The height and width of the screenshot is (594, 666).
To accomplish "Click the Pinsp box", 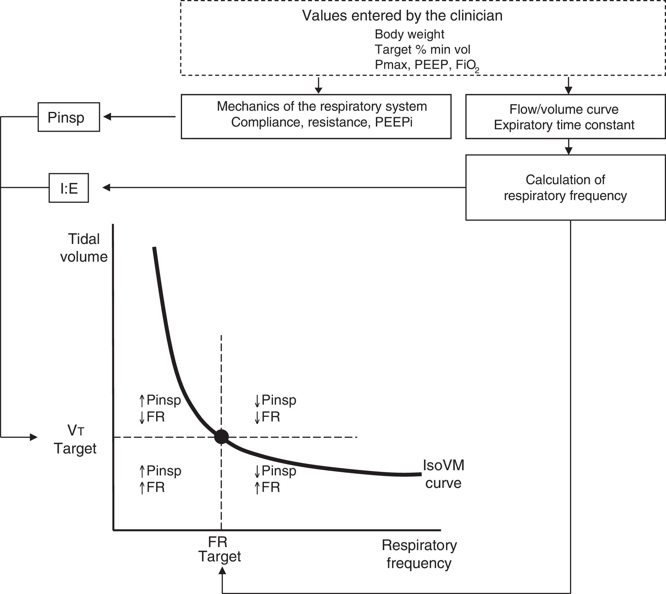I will [69, 117].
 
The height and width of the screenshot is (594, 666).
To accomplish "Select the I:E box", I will [69, 188].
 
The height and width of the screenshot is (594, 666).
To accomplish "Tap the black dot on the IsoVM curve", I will [221, 437].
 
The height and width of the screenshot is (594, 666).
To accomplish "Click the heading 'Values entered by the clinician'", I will [402, 16].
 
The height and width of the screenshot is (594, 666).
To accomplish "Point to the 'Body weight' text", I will [409, 34].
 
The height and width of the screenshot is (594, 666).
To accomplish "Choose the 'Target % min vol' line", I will [422, 50].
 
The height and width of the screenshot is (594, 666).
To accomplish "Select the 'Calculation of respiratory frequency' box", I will [565, 188].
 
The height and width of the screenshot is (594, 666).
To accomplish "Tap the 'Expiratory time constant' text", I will [564, 125].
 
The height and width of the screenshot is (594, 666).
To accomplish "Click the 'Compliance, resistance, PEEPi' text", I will [322, 122].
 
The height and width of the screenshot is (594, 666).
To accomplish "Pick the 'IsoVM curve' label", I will [443, 474].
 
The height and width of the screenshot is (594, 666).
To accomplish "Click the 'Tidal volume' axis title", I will [84, 248].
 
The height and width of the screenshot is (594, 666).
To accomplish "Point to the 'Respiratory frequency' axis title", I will [419, 554].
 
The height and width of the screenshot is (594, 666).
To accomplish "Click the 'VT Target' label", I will [75, 440].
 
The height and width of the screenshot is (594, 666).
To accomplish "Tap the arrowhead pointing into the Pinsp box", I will [107, 116].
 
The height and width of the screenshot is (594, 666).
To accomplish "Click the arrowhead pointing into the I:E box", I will [106, 187].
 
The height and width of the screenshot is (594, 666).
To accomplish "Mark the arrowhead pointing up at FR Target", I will [222, 571].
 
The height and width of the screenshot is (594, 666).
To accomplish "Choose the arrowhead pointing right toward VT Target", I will [34, 437].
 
